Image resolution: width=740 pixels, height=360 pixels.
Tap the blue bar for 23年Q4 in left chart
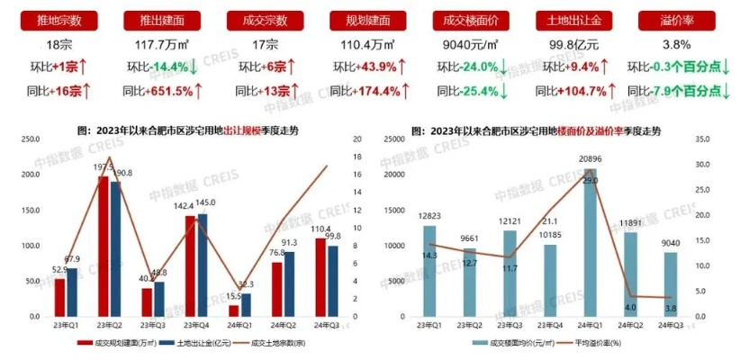point(202,265)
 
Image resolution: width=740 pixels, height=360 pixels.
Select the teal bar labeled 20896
point(591,243)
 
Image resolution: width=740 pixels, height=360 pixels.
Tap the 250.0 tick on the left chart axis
point(31,139)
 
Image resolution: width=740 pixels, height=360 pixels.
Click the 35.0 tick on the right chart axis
point(704,139)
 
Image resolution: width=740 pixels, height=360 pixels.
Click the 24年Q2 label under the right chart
point(631,326)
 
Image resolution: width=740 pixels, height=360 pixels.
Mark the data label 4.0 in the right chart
point(631,306)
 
